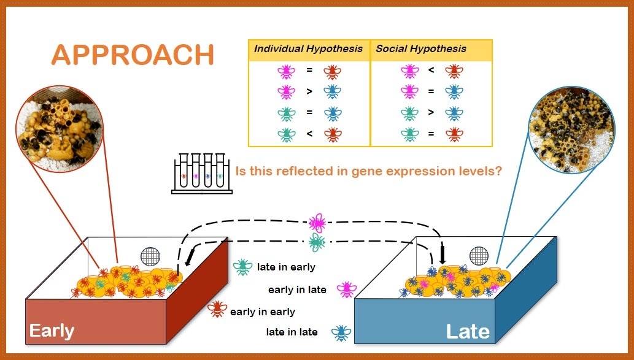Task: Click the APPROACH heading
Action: pos(133,55)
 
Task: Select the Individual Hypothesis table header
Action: pos(309,49)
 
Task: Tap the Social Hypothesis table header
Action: pos(421,49)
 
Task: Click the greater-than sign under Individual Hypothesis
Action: pos(309,91)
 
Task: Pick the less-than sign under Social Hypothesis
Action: pos(431,70)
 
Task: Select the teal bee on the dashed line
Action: pos(317,243)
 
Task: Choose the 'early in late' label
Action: pos(297,289)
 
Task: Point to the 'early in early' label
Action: pos(263,312)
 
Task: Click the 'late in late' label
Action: pos(292,332)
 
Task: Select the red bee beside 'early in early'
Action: pos(217,309)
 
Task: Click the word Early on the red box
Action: pos(52,331)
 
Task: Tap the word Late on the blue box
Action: pos(468,332)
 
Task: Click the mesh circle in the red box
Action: pos(150,256)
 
